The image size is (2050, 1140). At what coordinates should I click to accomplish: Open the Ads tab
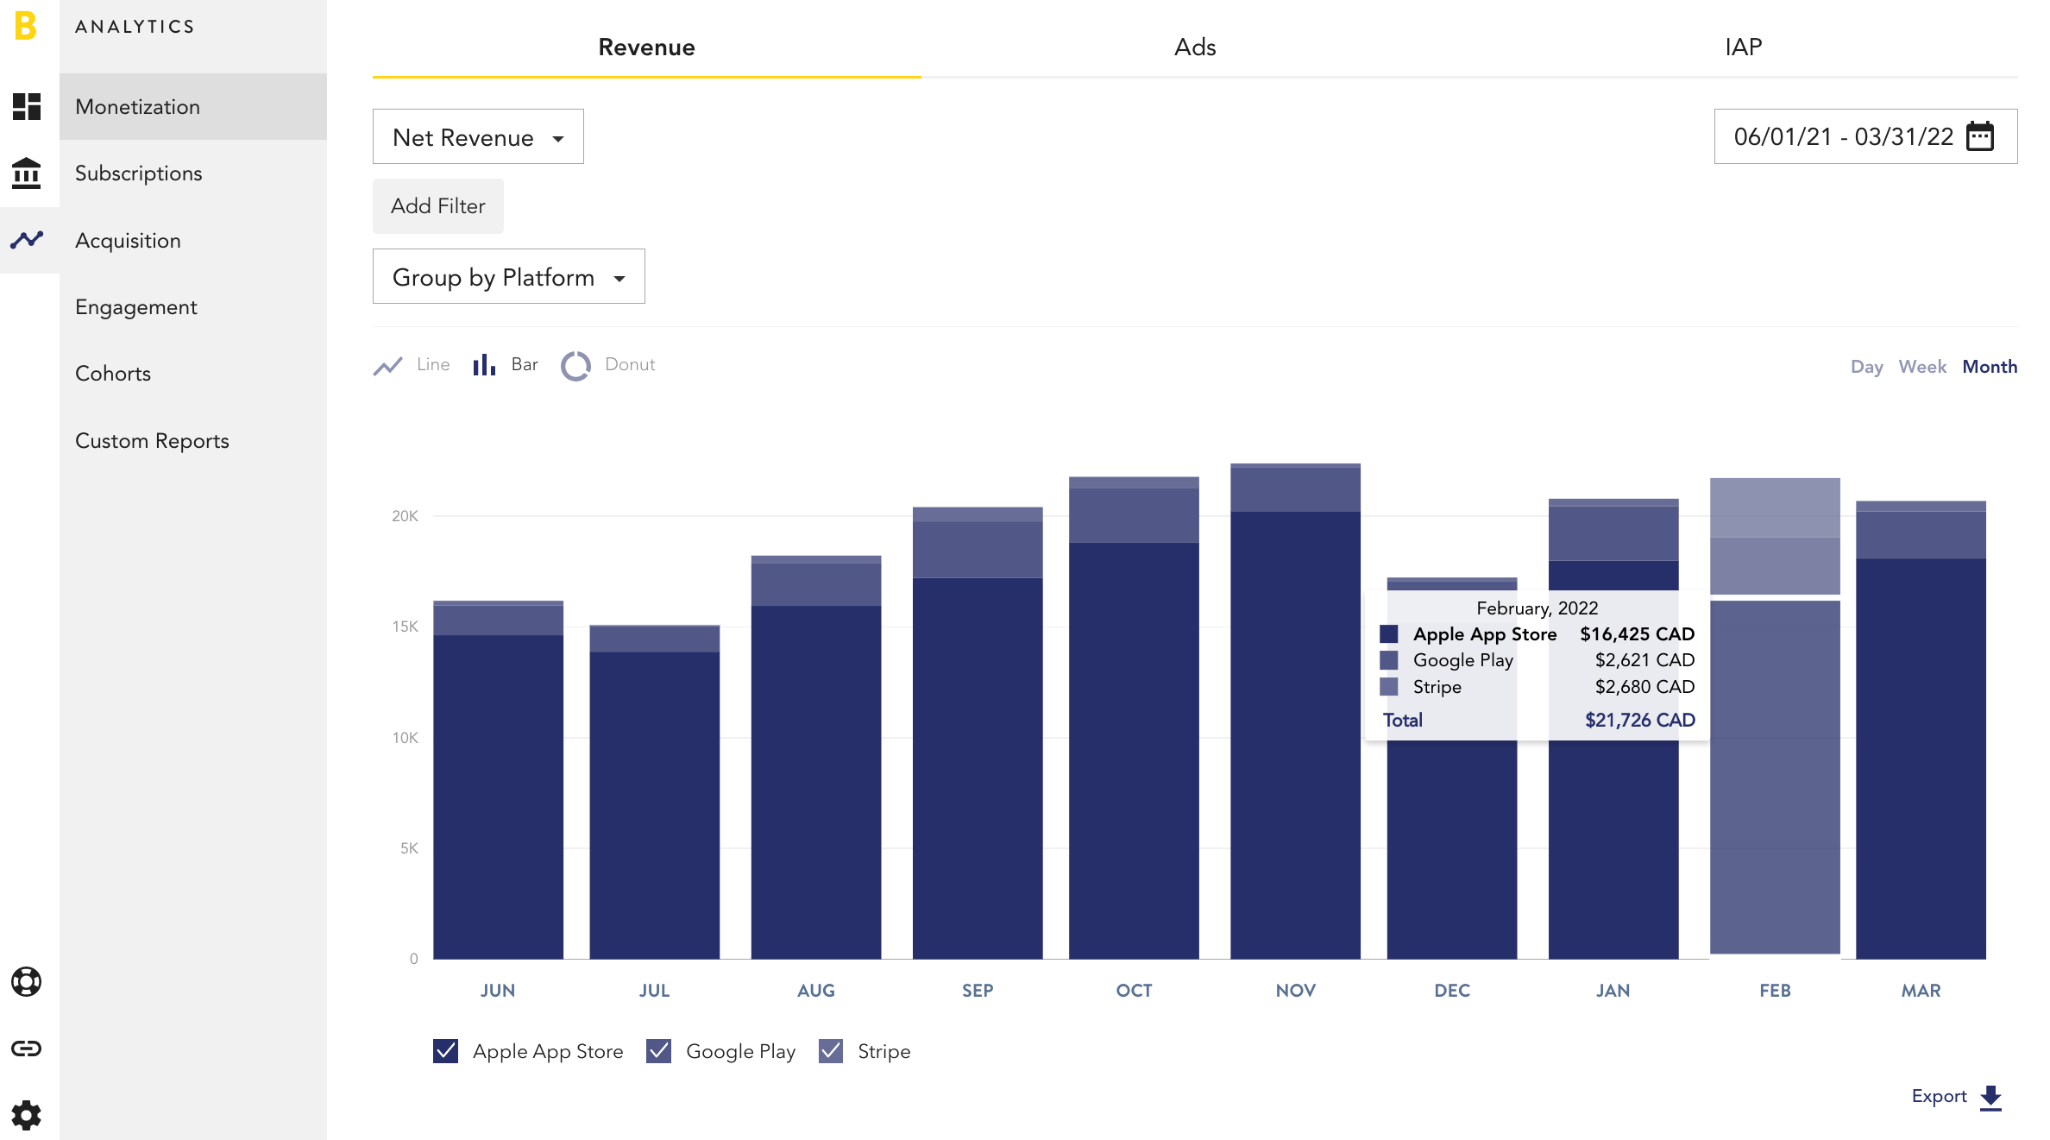[1195, 47]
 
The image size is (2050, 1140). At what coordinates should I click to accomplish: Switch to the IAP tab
[1743, 47]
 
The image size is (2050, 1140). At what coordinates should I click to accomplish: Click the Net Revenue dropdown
[478, 136]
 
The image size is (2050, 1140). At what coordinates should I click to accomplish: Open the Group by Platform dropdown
[508, 276]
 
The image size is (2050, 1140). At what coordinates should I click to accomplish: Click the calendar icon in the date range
[1980, 136]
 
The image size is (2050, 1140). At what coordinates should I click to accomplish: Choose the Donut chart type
[608, 365]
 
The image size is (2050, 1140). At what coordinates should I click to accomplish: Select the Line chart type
[412, 365]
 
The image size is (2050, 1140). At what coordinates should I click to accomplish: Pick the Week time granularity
[1922, 367]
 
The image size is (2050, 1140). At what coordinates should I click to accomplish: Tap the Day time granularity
[1866, 367]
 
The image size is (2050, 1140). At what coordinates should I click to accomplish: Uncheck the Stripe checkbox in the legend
[831, 1051]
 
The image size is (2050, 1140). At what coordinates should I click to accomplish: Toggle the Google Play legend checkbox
[658, 1051]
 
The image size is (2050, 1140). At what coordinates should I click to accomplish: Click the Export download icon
[1990, 1097]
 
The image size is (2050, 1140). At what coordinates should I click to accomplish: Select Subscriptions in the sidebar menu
[139, 173]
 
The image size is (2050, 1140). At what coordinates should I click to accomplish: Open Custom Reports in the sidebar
[152, 441]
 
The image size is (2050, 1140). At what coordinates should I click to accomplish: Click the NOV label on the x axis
[1296, 991]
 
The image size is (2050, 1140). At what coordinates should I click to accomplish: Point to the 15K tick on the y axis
[405, 627]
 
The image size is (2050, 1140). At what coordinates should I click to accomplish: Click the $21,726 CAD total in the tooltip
[1640, 720]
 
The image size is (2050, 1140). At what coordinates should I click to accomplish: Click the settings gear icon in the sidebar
[27, 1115]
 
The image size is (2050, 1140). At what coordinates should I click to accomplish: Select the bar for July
[654, 791]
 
